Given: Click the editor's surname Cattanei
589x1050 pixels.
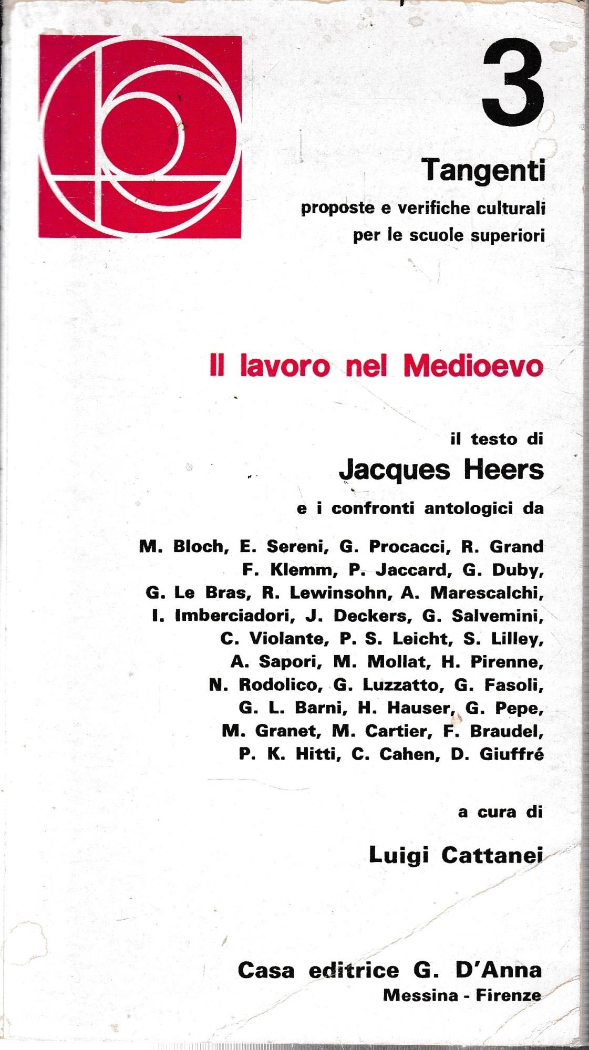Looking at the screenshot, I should [491, 855].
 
